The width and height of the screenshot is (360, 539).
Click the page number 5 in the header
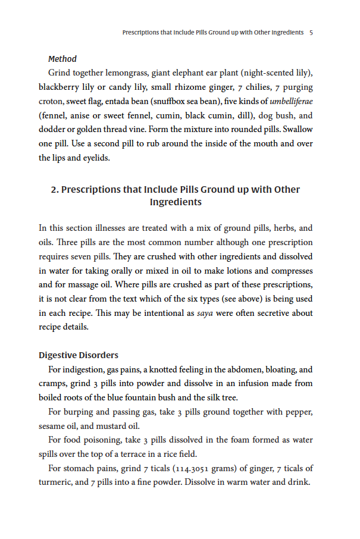(x=311, y=32)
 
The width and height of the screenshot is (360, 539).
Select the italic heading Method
(x=62, y=59)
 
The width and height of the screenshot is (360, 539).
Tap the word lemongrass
(x=126, y=73)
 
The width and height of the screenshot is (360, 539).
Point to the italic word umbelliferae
(x=291, y=101)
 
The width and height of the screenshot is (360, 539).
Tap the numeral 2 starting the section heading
(x=54, y=190)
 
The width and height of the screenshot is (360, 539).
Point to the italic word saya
(x=205, y=313)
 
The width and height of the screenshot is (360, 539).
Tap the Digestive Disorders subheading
(x=78, y=355)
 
